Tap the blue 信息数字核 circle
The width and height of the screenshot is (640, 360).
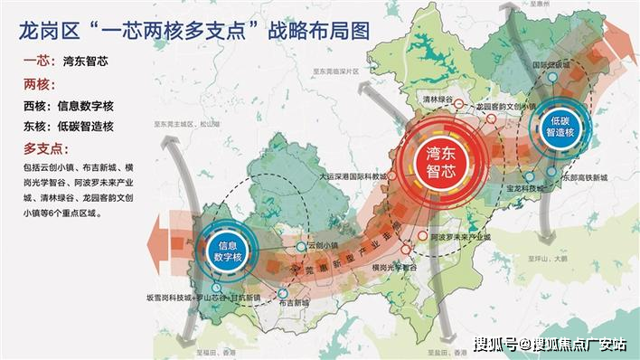230,248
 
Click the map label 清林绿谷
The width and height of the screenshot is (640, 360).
438,100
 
